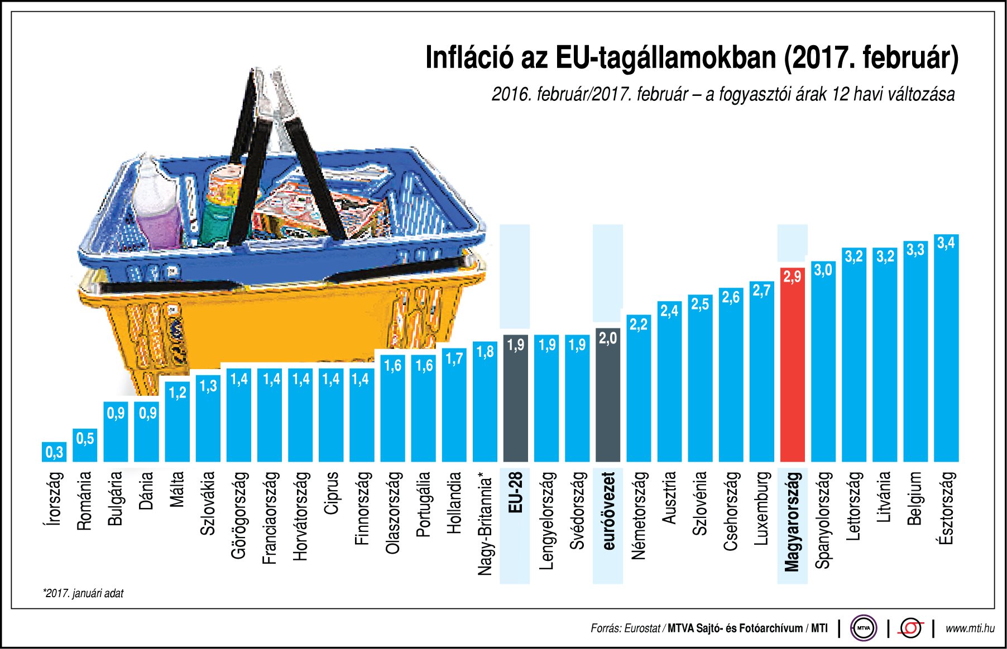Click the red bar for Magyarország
coord(792,368)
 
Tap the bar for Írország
coord(54,452)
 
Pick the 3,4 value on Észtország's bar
coord(946,243)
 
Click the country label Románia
coord(84,501)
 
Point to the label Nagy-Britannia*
coord(485,524)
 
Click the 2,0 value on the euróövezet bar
coord(608,338)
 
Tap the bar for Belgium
coord(915,357)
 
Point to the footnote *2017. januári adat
coord(83,593)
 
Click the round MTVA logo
coord(864,628)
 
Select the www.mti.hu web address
coord(970,628)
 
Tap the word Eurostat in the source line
coord(642,628)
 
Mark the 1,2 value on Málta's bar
coord(178,393)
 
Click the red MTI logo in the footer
coord(910,628)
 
